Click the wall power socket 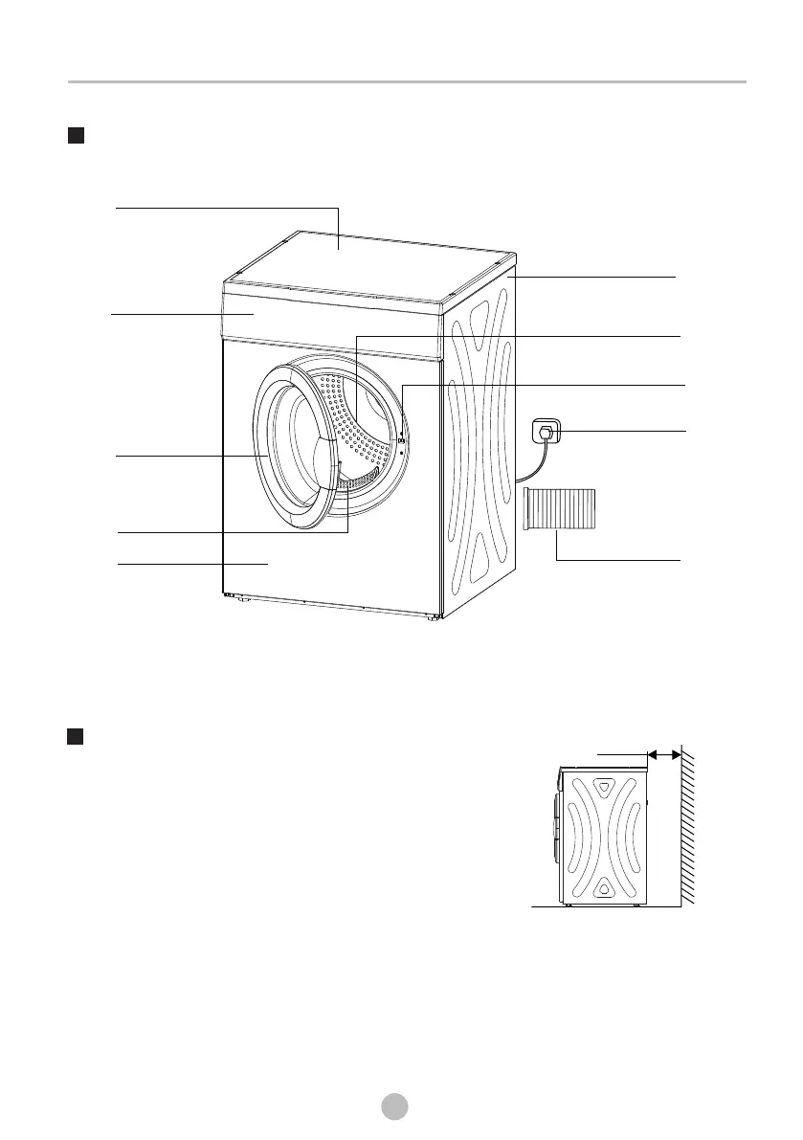tap(546, 433)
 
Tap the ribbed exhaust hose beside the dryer tap(559, 508)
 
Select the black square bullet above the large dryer tap(77, 136)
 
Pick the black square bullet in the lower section tap(77, 736)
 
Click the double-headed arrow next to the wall tap(664, 755)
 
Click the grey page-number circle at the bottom tap(391, 1106)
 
